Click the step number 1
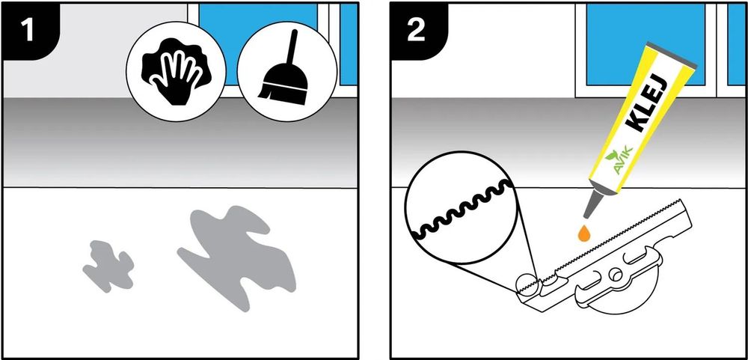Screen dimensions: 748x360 click(28, 30)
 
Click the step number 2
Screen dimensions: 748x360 click(416, 30)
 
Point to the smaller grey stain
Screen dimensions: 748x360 click(108, 266)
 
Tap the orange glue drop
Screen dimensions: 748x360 click(583, 234)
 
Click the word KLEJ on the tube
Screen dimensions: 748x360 click(643, 107)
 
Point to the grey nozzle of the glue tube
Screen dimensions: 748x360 click(592, 204)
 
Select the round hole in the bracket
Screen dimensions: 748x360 click(616, 275)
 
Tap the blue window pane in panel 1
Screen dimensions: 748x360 click(258, 43)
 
